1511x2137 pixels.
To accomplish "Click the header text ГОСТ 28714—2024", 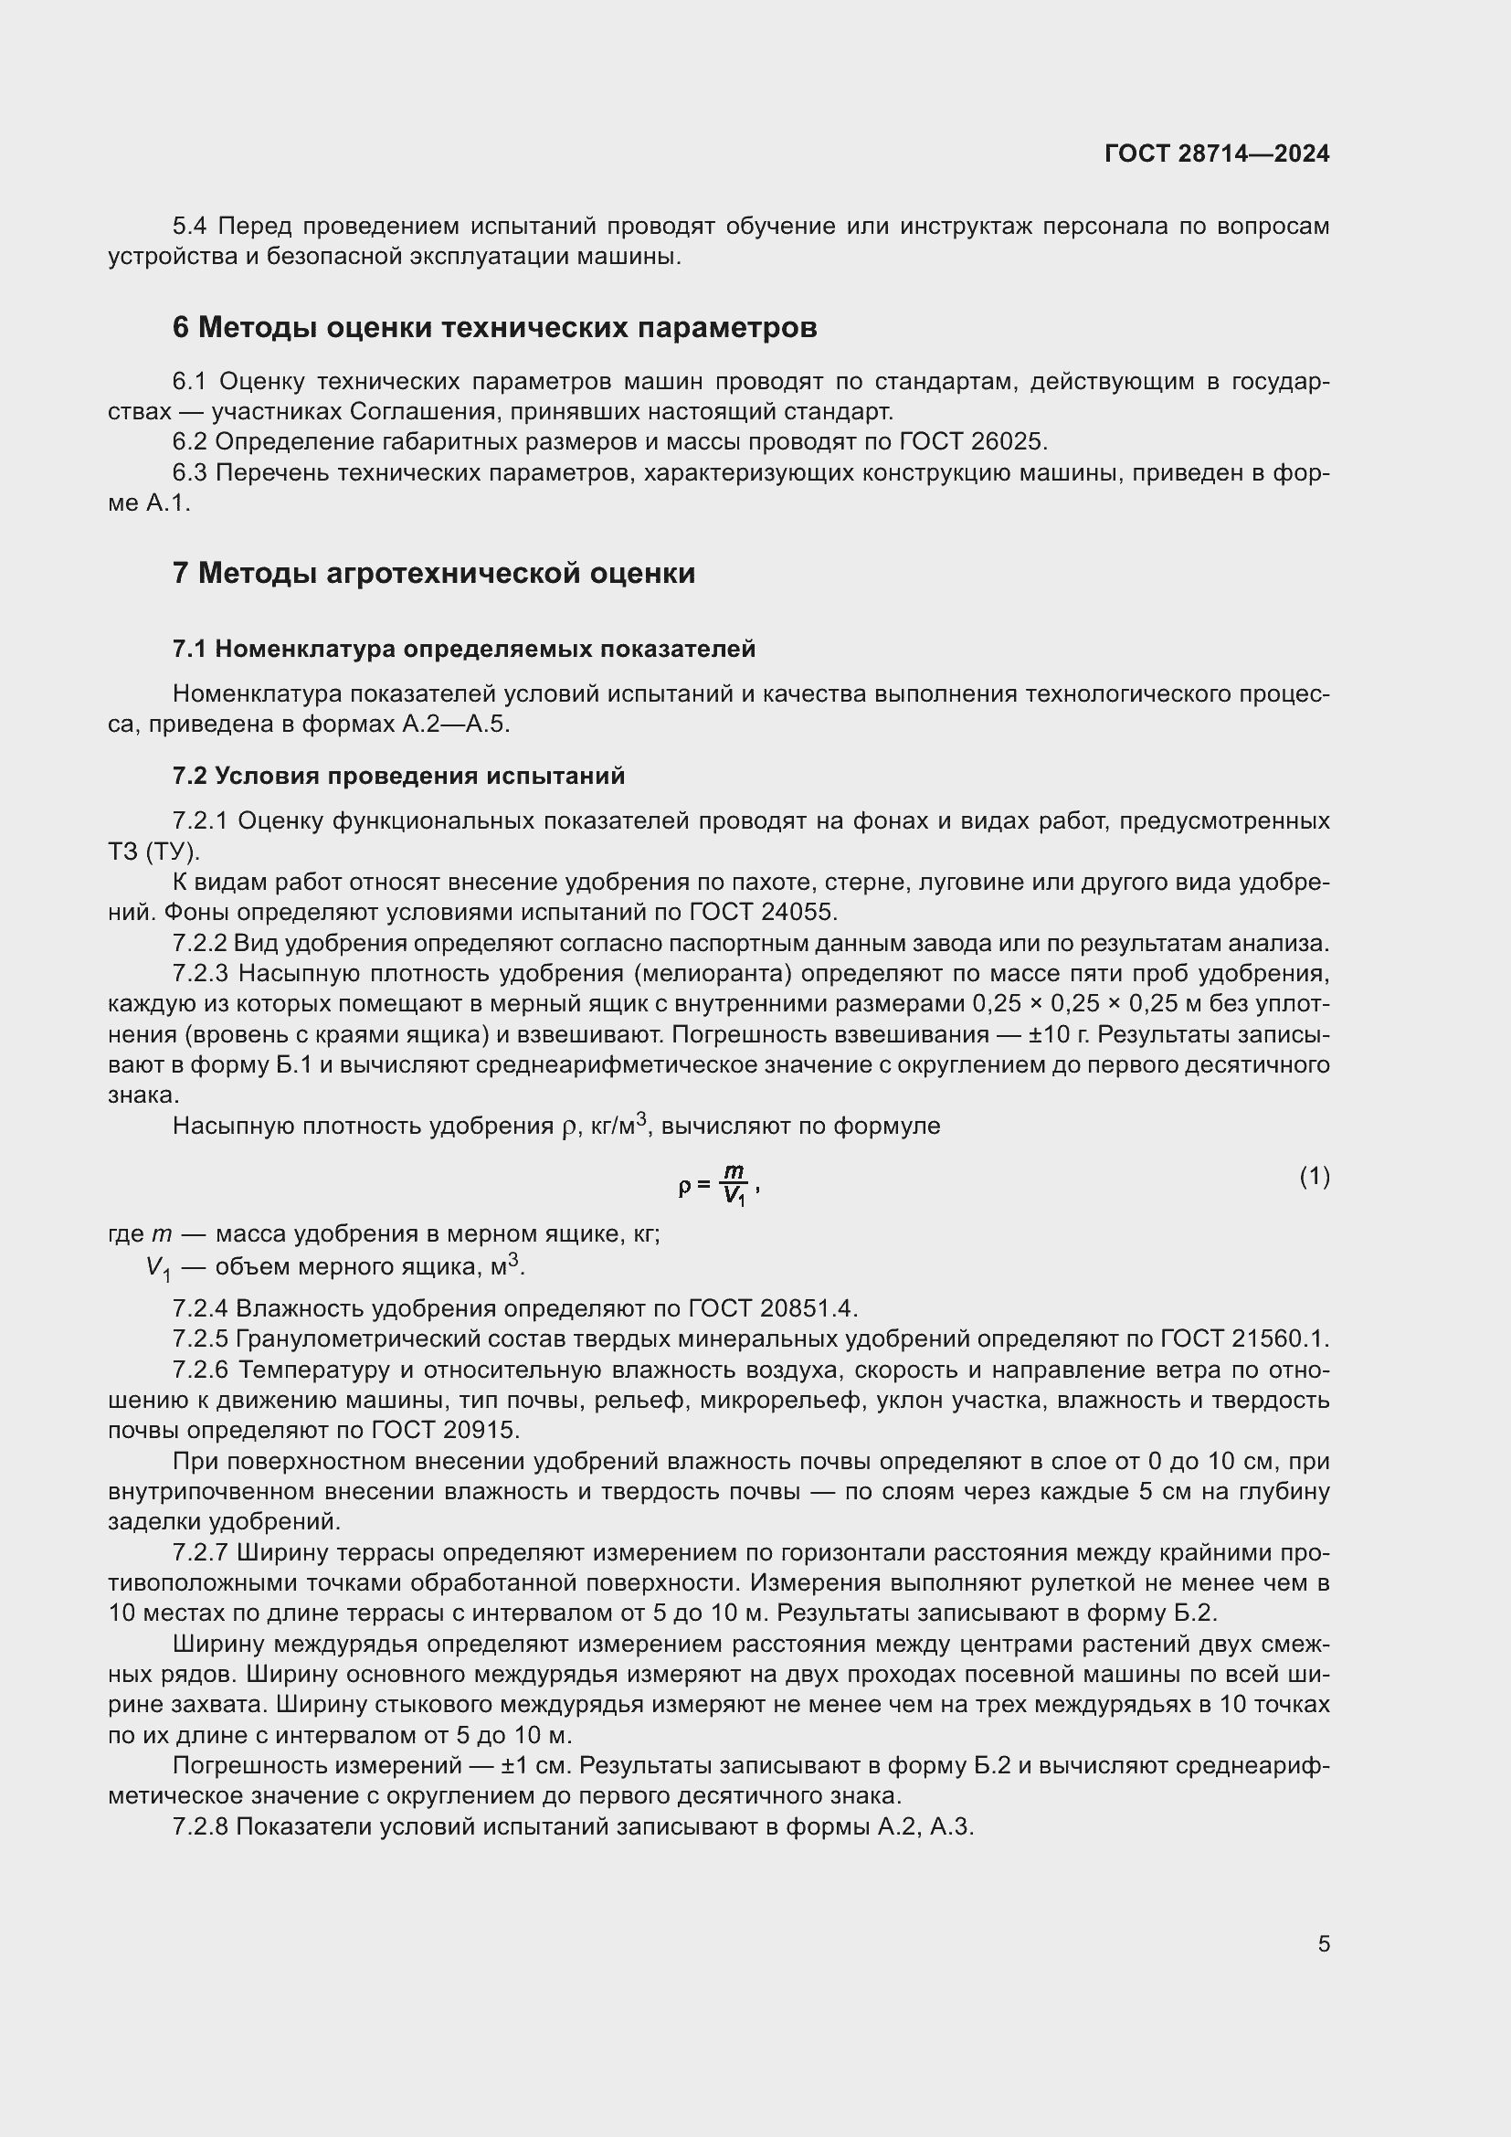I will coord(1216,153).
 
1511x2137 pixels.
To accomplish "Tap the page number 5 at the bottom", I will coord(1323,1943).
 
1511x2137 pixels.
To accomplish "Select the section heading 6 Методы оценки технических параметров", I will coord(494,328).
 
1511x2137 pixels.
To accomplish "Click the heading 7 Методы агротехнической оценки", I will coord(434,573).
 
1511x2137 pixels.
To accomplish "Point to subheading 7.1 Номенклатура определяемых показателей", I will coord(463,649).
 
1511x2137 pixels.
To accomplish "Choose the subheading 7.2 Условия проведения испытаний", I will coord(398,776).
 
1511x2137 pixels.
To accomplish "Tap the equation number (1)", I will coord(1314,1177).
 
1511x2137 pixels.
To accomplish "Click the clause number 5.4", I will coord(193,227).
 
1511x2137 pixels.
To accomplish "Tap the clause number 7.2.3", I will coord(201,974).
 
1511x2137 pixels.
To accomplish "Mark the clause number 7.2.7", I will coord(201,1551).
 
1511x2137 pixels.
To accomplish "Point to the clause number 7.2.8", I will coord(201,1826).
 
